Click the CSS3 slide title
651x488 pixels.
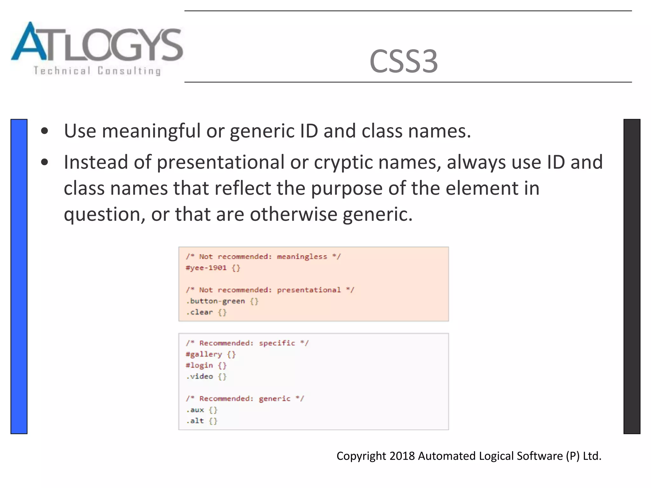(x=403, y=61)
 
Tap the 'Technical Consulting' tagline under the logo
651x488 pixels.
(x=97, y=71)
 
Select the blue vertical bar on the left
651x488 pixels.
(x=19, y=276)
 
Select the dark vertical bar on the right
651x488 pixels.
(x=632, y=276)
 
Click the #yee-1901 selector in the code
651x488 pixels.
(x=206, y=268)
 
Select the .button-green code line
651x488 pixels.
(x=218, y=301)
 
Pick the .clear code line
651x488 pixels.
(x=202, y=312)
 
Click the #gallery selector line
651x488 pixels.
(x=204, y=354)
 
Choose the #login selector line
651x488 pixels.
(x=199, y=365)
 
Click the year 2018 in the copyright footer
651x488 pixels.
(x=402, y=456)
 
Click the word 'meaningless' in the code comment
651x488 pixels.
(x=302, y=256)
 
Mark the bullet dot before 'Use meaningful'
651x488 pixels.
(x=45, y=131)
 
